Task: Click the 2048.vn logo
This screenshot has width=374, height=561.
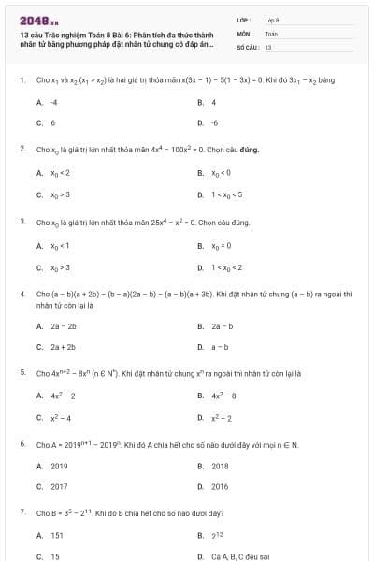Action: click(x=33, y=20)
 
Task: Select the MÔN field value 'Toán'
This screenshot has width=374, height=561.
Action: click(x=271, y=33)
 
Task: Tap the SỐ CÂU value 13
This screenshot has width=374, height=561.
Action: click(x=268, y=46)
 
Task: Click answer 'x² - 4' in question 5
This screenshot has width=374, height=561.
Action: click(x=61, y=417)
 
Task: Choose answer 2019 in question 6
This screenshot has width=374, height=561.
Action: click(x=59, y=466)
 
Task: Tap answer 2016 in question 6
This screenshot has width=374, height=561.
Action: click(x=220, y=486)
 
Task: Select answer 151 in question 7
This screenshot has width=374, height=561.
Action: click(x=57, y=536)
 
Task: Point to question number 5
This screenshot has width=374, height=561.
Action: click(x=22, y=372)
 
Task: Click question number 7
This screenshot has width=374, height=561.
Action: click(x=22, y=513)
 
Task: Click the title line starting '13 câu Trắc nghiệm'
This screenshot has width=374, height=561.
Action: click(x=110, y=34)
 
